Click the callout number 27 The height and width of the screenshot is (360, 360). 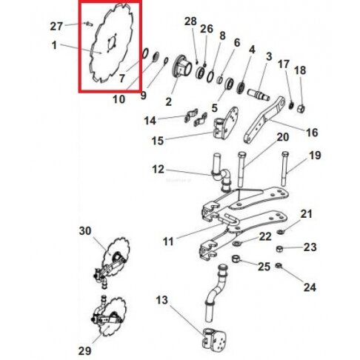(x=56, y=26)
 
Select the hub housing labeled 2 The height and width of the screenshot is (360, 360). (x=183, y=65)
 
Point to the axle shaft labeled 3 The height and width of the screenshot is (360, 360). (x=259, y=94)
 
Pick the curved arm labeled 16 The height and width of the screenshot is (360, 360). (x=264, y=119)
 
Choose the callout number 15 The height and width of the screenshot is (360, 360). (x=158, y=141)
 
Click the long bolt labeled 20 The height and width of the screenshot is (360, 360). (x=241, y=170)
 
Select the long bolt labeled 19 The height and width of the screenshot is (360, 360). (x=285, y=169)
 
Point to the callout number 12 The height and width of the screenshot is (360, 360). (x=158, y=170)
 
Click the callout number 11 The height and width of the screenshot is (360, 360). (x=168, y=241)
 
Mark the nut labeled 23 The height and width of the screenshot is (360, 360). (x=279, y=249)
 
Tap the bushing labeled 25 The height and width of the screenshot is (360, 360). (x=236, y=259)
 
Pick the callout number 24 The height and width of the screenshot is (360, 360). (x=310, y=287)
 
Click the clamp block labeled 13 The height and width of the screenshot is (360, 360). (x=214, y=338)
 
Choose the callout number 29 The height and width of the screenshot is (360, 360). (x=84, y=350)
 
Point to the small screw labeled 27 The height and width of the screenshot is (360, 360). (x=88, y=24)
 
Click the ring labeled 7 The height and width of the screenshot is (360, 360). (x=145, y=53)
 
